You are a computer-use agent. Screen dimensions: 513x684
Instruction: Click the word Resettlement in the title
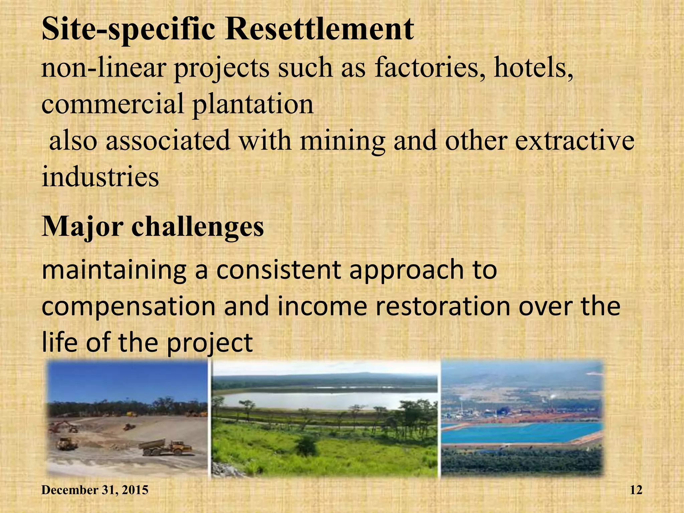coord(320,29)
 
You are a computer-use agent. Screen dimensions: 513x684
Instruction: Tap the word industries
coord(100,177)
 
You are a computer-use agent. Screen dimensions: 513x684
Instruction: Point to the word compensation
coord(129,307)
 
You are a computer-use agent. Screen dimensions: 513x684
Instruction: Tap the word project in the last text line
coord(210,343)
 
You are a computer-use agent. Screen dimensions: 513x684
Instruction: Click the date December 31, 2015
coord(95,490)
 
